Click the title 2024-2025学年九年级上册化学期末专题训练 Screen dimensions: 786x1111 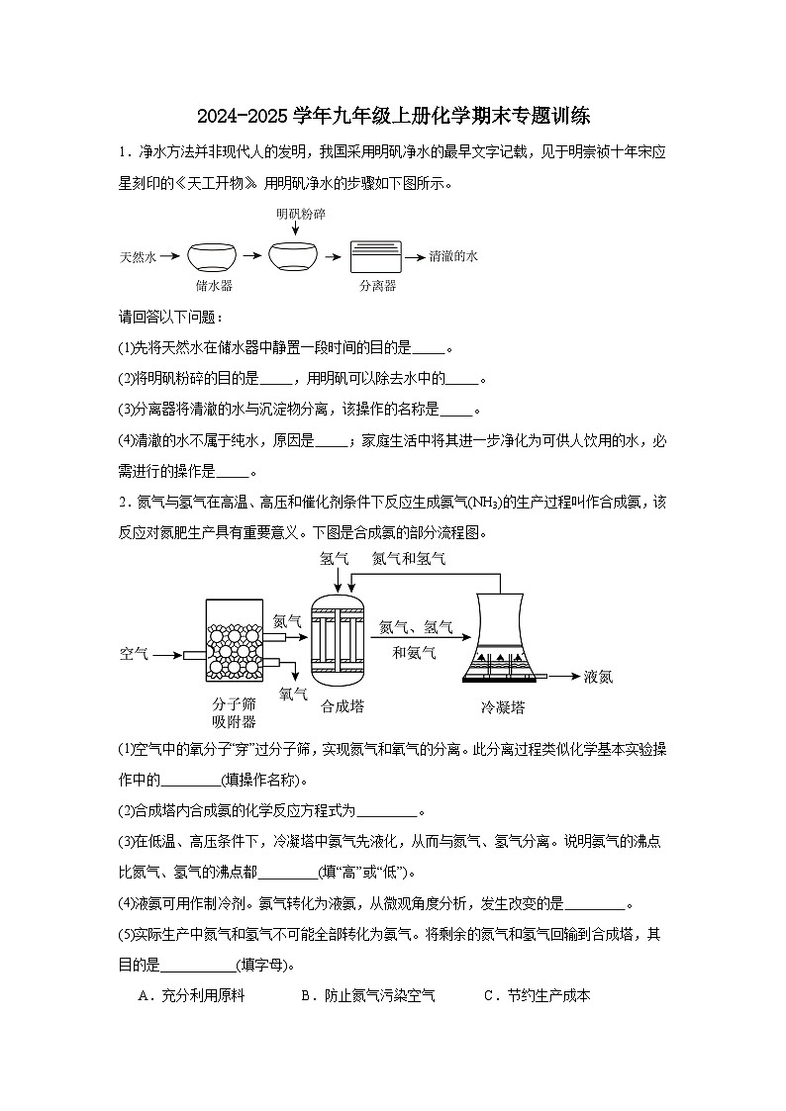coord(393,116)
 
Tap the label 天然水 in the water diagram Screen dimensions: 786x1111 coord(139,256)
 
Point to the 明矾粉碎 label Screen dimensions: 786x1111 coord(301,214)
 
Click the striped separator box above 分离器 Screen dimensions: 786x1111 coord(376,257)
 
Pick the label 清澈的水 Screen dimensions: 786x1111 coord(453,256)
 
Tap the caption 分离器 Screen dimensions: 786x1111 coord(377,286)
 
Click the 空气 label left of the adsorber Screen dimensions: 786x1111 coord(134,654)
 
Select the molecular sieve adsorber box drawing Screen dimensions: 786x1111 coord(235,641)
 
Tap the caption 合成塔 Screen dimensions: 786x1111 coord(342,706)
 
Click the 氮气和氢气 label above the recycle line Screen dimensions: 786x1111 coord(408,559)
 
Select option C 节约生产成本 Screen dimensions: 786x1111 coord(537,996)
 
